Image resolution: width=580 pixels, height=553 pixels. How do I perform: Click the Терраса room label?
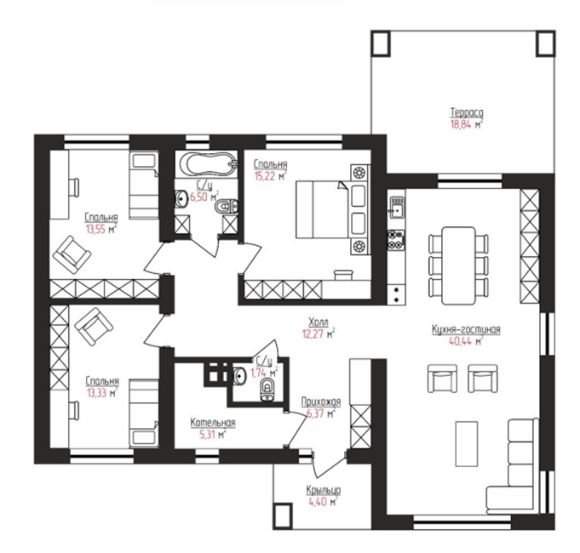coord(467,112)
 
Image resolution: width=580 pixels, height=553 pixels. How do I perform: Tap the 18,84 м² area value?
coord(467,124)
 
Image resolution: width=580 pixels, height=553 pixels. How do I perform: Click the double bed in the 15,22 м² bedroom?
coord(321,209)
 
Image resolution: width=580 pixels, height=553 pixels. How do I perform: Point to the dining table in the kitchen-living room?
coord(458,265)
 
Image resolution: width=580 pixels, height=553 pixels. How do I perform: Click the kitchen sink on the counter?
coord(396,208)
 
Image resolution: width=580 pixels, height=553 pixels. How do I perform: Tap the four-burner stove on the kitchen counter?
coord(396,239)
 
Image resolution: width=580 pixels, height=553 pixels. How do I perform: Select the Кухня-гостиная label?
coord(466,329)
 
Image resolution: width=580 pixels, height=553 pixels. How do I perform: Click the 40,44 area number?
coord(460,341)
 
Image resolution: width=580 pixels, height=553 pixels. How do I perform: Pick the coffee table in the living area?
coord(467,443)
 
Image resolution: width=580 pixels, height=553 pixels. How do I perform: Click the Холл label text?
coord(319,322)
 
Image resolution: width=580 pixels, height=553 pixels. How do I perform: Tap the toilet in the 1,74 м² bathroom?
coord(267,390)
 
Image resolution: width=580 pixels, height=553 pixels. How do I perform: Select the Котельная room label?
coord(213,422)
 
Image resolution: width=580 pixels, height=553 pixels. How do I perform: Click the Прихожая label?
coord(321,402)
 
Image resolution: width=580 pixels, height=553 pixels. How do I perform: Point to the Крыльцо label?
coord(323,490)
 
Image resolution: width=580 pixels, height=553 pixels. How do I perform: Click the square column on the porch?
coord(283,516)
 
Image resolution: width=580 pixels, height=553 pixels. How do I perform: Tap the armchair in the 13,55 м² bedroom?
coord(72,254)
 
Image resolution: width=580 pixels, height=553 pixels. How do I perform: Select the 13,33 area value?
coord(96,393)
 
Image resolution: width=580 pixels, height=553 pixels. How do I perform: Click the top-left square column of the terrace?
coord(381,43)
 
